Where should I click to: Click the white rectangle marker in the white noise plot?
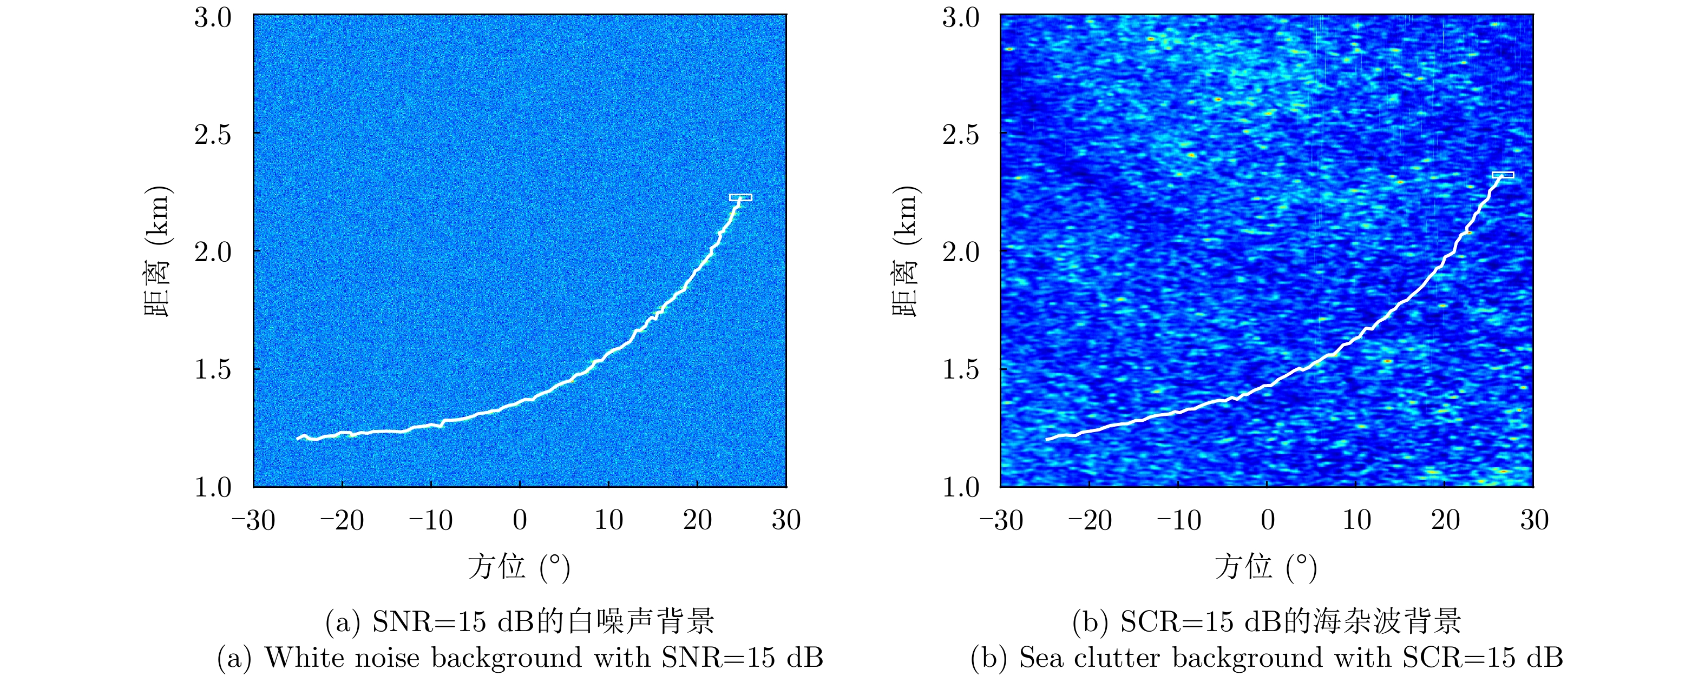pyautogui.click(x=740, y=197)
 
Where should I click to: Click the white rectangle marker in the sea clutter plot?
pyautogui.click(x=1503, y=175)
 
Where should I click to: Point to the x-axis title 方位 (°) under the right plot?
pyautogui.click(x=1265, y=567)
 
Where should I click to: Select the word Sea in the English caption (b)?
pyautogui.click(x=1040, y=658)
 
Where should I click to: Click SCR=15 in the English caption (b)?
pyautogui.click(x=1455, y=658)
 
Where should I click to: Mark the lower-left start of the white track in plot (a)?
pyautogui.click(x=298, y=438)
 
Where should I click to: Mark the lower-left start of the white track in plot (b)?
pyautogui.click(x=1047, y=439)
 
